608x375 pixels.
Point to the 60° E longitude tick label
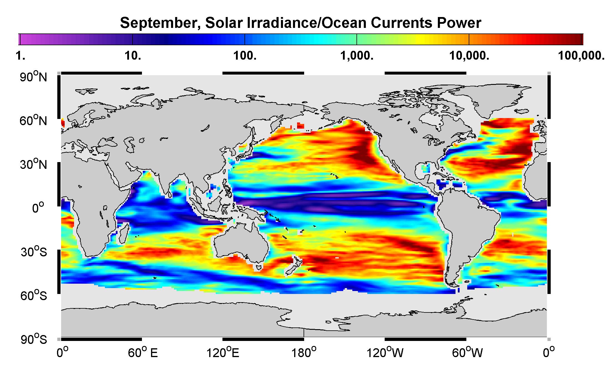coord(143,352)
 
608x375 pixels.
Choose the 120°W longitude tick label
coord(385,352)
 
